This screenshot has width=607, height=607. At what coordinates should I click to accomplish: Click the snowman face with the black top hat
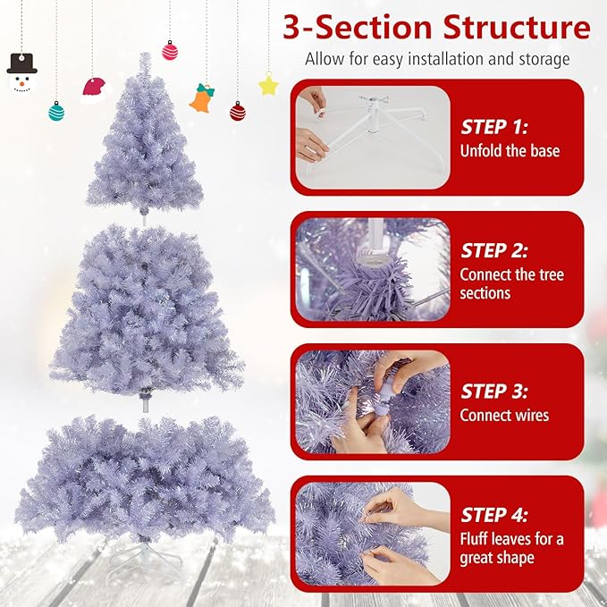21,74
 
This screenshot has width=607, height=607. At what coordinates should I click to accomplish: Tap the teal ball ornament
56,111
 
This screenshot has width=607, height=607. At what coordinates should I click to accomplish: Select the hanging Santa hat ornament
93,89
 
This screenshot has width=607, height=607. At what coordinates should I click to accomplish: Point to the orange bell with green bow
203,97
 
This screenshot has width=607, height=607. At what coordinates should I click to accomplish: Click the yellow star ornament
268,85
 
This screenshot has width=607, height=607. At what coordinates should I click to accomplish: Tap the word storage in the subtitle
540,60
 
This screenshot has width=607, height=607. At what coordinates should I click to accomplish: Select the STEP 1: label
494,127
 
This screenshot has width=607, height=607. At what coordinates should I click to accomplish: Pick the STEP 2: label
494,251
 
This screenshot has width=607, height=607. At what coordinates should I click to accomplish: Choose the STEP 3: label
494,391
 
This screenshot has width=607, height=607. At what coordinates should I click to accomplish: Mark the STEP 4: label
494,515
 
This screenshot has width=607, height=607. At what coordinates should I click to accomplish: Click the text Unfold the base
510,151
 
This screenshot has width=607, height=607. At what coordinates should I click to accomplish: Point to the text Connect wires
504,415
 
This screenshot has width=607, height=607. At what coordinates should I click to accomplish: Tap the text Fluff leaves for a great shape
511,548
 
